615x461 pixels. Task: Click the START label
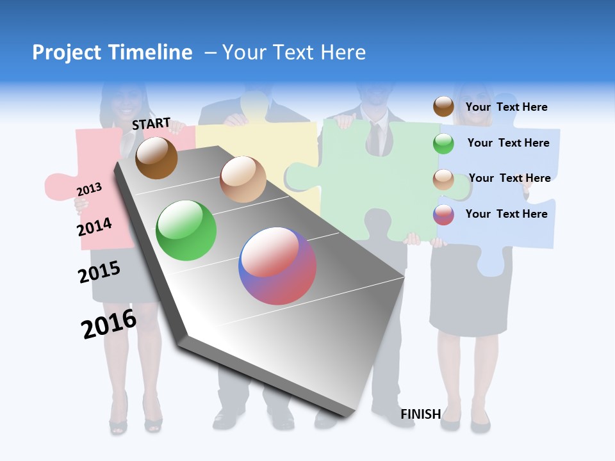pos(151,124)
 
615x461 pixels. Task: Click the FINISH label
pos(420,414)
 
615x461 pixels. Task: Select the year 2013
pos(89,190)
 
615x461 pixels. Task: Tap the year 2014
pos(94,227)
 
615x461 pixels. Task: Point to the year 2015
pos(99,272)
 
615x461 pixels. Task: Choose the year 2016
pos(109,324)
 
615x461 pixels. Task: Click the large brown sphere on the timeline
pos(156,158)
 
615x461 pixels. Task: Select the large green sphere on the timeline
pos(186,230)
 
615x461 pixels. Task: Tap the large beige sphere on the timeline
pos(243,179)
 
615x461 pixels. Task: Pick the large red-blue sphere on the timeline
pos(277,266)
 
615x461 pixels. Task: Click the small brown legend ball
pos(443,106)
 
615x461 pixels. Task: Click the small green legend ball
pos(443,143)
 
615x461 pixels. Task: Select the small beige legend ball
pos(443,179)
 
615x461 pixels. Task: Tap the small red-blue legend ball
pos(443,214)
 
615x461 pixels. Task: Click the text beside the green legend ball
pos(508,143)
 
